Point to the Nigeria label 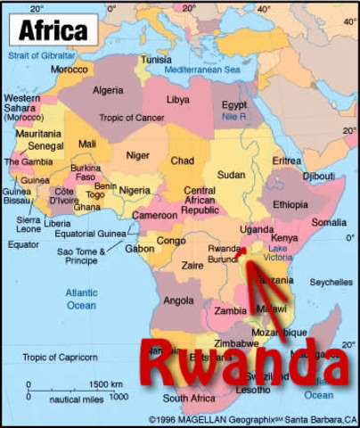pos(135,190)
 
